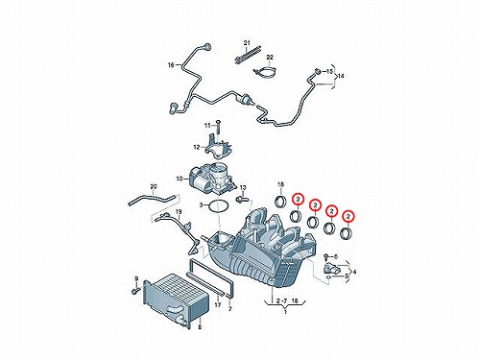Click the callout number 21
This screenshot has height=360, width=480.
coord(247,42)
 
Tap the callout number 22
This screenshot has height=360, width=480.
coord(270,58)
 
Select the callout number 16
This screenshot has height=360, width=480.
coord(171,65)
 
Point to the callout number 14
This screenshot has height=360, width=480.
coord(341,76)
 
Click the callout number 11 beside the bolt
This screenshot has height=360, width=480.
coord(208,126)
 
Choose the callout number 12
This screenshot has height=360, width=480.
coord(197,147)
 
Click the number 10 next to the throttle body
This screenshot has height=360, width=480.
coord(180,179)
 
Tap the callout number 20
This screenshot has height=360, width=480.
coord(154,186)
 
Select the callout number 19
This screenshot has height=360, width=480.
coord(179,211)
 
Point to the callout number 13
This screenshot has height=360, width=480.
coord(243,187)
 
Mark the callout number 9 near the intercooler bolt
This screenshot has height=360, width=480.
coord(136,279)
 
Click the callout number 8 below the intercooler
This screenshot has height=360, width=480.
coord(200,327)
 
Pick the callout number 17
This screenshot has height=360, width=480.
coord(218,305)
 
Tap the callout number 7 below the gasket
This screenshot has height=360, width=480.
coord(229,309)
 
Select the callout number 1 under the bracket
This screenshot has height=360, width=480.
coord(285,311)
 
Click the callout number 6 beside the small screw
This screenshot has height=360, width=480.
coord(335,256)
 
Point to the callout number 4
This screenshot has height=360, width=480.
coord(354,272)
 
